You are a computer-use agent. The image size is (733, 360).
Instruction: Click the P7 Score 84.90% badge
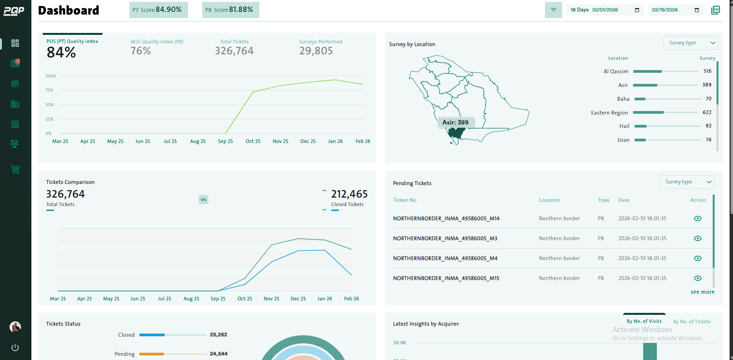[158, 10]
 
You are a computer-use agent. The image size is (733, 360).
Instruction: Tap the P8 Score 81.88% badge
[230, 10]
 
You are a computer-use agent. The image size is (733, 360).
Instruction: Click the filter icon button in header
[553, 10]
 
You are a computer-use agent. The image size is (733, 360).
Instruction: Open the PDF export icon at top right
[715, 10]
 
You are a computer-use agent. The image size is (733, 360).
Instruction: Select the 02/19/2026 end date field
[675, 10]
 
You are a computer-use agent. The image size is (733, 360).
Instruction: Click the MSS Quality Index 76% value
[141, 51]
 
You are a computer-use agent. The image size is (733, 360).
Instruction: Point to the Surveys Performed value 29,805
[316, 51]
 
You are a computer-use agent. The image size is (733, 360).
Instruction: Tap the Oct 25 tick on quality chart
[253, 141]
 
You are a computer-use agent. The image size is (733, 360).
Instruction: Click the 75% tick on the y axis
[49, 90]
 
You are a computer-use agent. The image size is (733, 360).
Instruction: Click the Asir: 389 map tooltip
[455, 123]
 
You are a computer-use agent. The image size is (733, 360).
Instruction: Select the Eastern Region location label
[609, 113]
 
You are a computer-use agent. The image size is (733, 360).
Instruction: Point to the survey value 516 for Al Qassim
[707, 71]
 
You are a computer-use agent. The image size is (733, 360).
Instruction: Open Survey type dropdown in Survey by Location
[690, 43]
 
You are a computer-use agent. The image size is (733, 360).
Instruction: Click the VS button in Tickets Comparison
[203, 200]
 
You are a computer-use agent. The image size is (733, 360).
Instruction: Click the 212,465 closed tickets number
[349, 194]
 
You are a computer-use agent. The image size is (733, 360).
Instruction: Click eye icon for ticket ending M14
[697, 218]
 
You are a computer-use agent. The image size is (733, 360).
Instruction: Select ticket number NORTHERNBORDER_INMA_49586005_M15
[446, 278]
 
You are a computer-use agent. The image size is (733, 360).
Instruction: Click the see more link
[702, 292]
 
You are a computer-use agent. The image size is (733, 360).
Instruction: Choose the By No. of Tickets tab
[691, 322]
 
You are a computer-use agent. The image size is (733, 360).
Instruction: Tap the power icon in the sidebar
[15, 347]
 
